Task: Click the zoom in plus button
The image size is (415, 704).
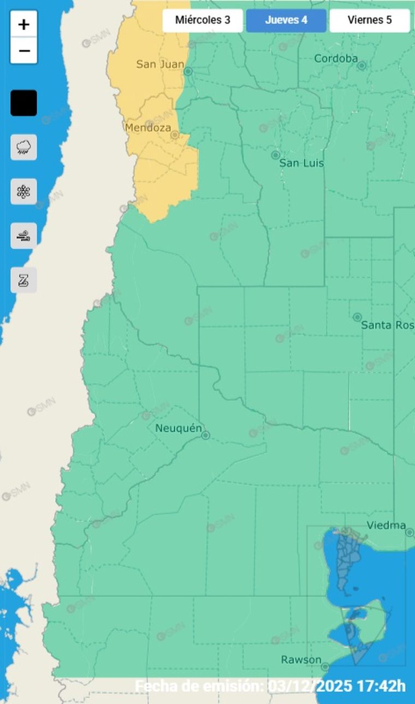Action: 23,25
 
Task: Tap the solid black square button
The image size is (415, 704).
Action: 23,103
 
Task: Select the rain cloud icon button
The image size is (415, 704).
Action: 23,147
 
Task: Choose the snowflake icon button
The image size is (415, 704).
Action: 23,191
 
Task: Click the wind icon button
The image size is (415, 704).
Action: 23,236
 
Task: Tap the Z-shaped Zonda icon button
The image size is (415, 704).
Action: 23,280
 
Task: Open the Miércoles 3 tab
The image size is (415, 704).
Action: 202,21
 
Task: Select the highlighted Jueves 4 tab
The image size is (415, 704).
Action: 286,21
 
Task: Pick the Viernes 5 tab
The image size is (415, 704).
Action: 369,21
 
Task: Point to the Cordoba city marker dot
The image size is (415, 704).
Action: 361,66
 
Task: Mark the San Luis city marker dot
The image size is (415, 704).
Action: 276,155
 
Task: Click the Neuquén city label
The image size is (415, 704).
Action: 179,428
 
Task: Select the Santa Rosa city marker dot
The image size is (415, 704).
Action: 357,317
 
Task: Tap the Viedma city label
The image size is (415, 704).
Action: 386,526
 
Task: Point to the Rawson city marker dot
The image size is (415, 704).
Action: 325,667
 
